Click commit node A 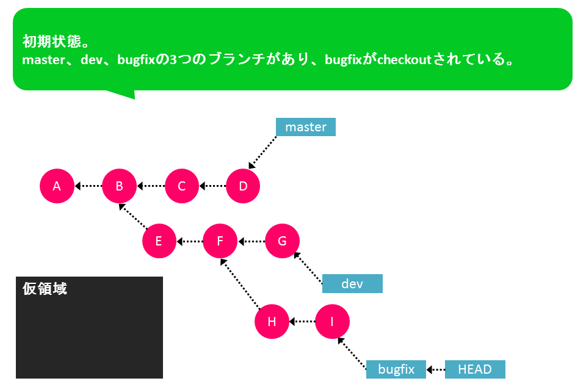click(57, 186)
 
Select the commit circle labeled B click(119, 186)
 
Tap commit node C click(182, 186)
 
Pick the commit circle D click(243, 186)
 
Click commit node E click(159, 241)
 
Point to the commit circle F click(220, 241)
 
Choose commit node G click(282, 241)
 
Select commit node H click(272, 321)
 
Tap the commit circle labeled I click(332, 321)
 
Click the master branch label click(306, 127)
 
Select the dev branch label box click(352, 284)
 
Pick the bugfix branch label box click(396, 369)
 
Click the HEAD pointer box click(475, 369)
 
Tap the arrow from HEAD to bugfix click(436, 369)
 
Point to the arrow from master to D click(262, 153)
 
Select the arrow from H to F click(241, 284)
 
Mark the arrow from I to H click(302, 321)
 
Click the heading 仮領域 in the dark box click(45, 288)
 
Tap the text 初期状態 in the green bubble click(52, 41)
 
